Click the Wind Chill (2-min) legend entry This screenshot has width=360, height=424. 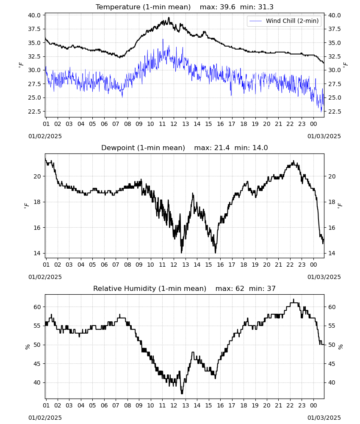(284, 21)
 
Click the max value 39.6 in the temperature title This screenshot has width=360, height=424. (228, 7)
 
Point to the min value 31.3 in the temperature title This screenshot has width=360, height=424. (266, 7)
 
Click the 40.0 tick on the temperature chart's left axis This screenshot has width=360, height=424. (34, 15)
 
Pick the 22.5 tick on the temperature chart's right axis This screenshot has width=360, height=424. (334, 112)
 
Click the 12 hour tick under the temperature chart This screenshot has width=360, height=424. (174, 124)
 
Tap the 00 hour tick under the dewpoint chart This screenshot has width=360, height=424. (313, 265)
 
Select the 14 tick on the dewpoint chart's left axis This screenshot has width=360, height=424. (37, 254)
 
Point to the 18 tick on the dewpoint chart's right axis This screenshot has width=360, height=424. (332, 202)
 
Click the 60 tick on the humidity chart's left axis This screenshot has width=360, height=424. (37, 307)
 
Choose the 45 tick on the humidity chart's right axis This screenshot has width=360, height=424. (332, 364)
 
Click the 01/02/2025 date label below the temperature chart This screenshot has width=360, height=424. (45, 136)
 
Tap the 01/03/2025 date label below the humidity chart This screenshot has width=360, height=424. (324, 418)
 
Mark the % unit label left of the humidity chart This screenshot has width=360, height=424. (27, 347)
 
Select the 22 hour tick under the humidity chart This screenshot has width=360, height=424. (290, 406)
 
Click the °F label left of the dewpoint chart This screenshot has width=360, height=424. (26, 206)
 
